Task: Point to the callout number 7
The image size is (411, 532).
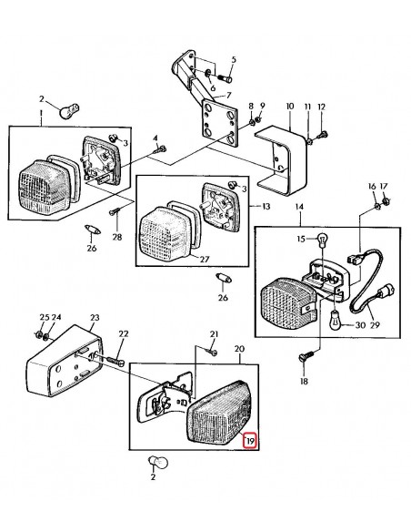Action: coord(228,94)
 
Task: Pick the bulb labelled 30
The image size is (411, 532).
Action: coord(333,321)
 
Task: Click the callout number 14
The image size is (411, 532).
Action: coord(298,209)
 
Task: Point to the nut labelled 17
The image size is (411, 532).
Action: coord(386,200)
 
